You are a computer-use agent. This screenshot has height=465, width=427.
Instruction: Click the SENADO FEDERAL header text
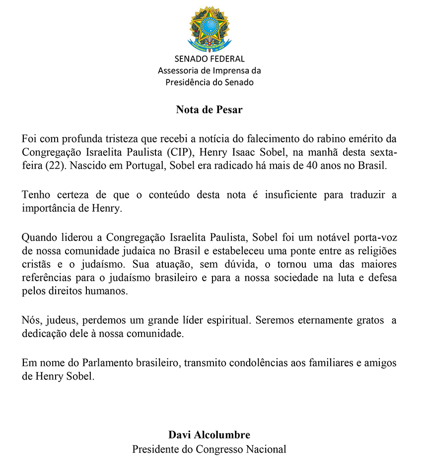pyautogui.click(x=209, y=59)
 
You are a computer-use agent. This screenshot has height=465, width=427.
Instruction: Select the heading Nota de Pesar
pyautogui.click(x=209, y=110)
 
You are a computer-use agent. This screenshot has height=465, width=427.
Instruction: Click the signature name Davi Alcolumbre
pyautogui.click(x=209, y=435)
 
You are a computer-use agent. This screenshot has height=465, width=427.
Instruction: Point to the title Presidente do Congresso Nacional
pyautogui.click(x=209, y=450)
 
